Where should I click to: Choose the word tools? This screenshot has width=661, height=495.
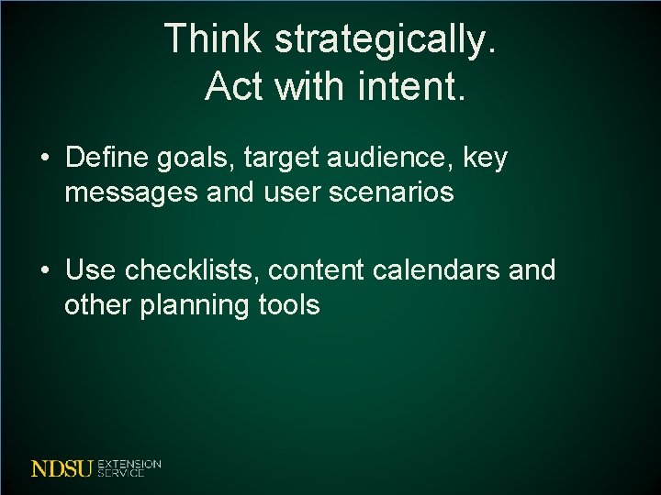pyautogui.click(x=288, y=305)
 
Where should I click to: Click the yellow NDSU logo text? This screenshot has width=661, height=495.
pyautogui.click(x=62, y=468)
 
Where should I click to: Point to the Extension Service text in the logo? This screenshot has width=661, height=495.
pyautogui.click(x=129, y=468)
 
